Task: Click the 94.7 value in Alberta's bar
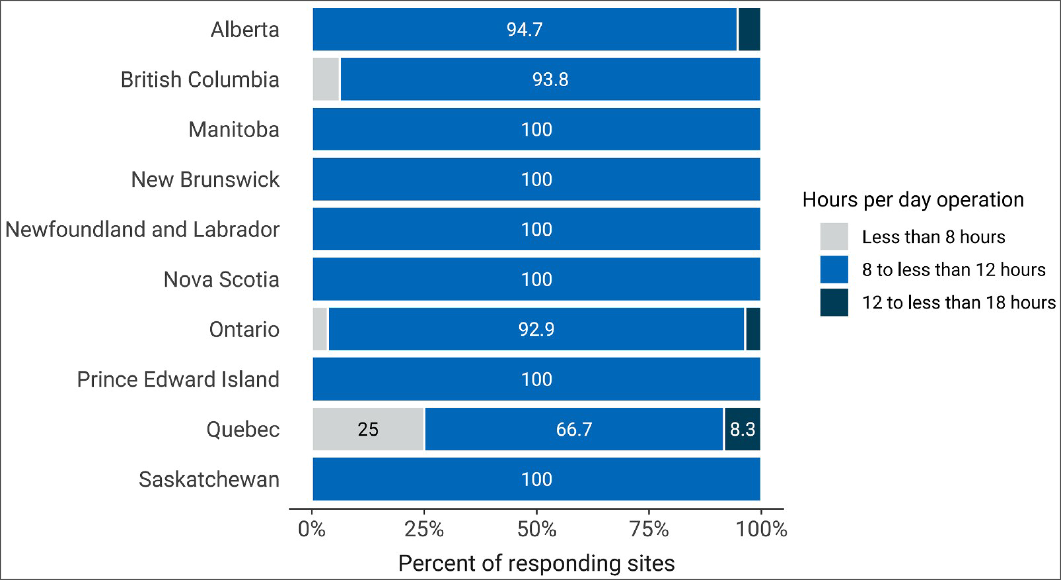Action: [x=524, y=29]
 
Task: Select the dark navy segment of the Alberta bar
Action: [x=749, y=29]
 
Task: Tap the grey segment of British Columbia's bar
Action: [x=326, y=79]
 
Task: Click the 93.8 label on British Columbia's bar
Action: [x=550, y=79]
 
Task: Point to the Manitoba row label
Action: [x=234, y=129]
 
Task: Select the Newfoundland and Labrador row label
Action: [x=142, y=229]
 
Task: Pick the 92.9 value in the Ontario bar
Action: [x=536, y=329]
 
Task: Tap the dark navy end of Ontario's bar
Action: [x=753, y=329]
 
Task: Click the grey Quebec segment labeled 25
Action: [x=368, y=429]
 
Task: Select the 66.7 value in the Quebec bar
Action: [x=574, y=429]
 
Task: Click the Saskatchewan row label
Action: [x=209, y=479]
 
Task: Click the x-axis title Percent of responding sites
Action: [x=536, y=563]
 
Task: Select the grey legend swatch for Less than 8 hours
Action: [x=834, y=237]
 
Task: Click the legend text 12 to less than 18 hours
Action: [x=959, y=302]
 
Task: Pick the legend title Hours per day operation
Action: [x=913, y=200]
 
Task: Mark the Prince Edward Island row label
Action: [x=178, y=379]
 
